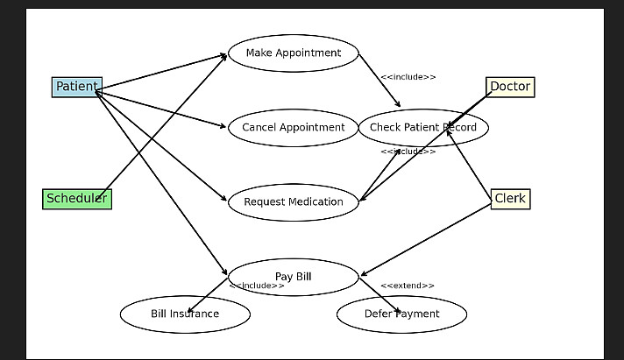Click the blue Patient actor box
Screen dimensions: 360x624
pos(77,87)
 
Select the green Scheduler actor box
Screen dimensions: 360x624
pos(77,199)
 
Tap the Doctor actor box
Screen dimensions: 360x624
pos(510,87)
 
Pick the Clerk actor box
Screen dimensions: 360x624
pos(510,199)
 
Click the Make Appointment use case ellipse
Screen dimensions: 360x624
pos(294,53)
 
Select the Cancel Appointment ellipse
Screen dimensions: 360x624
pos(294,128)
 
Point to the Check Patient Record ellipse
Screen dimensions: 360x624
pos(423,128)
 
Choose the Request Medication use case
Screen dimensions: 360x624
pos(294,202)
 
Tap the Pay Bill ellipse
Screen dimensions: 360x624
pos(294,277)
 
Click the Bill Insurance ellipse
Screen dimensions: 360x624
pos(185,314)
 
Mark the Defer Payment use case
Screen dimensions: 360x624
pos(401,314)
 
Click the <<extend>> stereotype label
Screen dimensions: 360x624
pos(408,286)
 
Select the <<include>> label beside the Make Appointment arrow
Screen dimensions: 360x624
pos(408,77)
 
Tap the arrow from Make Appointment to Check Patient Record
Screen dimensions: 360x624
pos(379,81)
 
